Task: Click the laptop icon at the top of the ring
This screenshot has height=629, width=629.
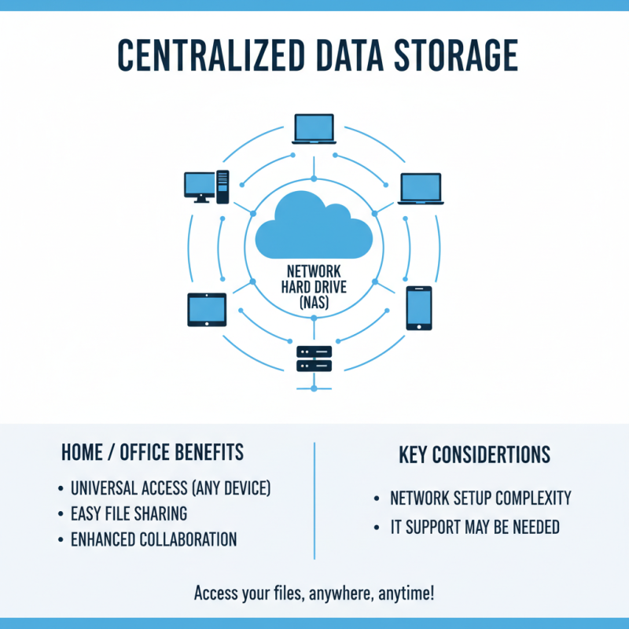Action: [314, 129]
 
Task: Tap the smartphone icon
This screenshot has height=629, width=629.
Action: [418, 307]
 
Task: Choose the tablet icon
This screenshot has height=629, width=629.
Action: [207, 309]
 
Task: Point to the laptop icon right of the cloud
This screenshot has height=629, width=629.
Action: [421, 189]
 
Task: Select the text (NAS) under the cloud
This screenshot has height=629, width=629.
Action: [314, 302]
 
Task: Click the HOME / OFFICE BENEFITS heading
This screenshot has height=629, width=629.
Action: [153, 454]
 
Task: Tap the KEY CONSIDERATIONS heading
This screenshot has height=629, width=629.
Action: [475, 455]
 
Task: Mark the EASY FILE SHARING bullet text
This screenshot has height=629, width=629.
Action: [129, 514]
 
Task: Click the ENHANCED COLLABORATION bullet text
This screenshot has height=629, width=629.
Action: [153, 539]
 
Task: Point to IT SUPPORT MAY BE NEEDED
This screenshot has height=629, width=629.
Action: [475, 528]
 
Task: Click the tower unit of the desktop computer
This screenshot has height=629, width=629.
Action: [223, 187]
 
